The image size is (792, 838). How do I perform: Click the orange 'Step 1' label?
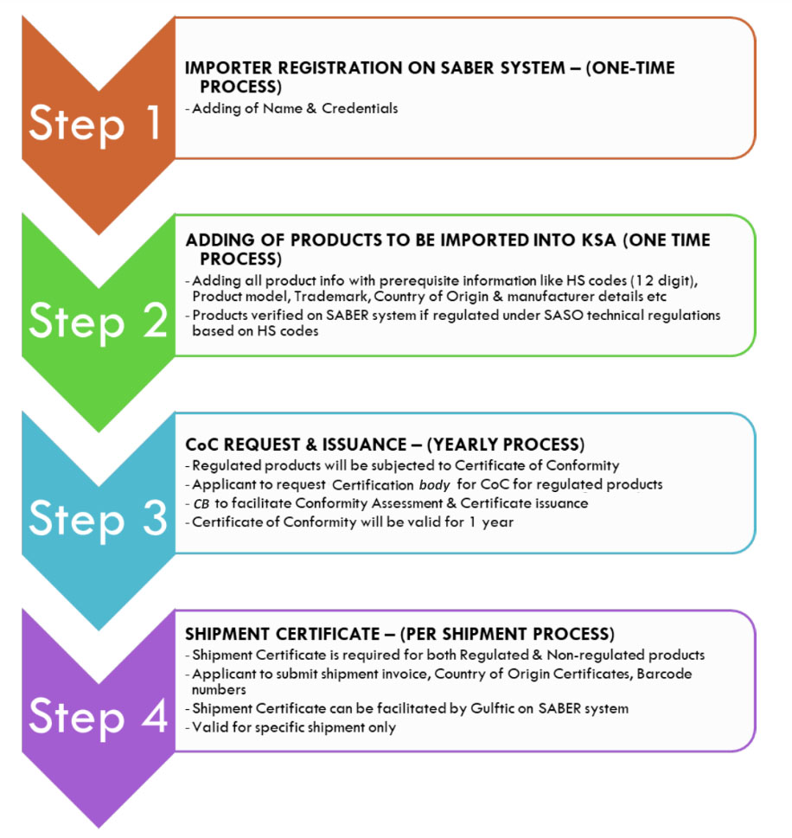click(x=95, y=124)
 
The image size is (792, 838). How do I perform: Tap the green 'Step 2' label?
click(x=99, y=321)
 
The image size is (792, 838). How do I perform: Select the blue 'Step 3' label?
click(x=99, y=519)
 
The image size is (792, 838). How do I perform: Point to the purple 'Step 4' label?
click(x=99, y=717)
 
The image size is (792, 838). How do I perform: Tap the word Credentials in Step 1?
click(x=360, y=108)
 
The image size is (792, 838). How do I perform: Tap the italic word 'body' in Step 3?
click(x=435, y=485)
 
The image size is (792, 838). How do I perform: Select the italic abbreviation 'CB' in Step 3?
click(x=201, y=504)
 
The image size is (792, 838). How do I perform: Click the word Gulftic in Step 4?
click(x=492, y=708)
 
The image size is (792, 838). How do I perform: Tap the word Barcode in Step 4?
click(x=664, y=674)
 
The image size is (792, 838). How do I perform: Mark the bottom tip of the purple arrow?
click(x=99, y=828)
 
